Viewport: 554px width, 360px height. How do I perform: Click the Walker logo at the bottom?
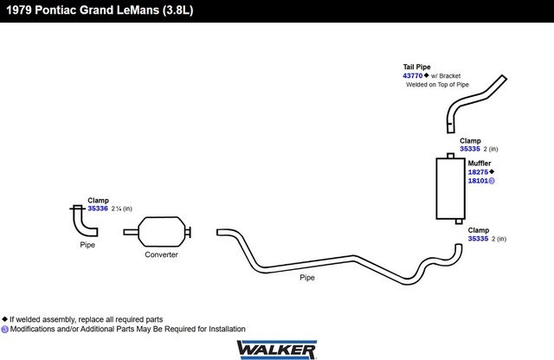tap(277, 350)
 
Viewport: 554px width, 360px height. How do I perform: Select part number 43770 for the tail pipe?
tap(412, 75)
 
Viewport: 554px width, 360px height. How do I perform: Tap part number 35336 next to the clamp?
tap(98, 209)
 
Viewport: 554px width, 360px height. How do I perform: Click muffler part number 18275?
tap(478, 172)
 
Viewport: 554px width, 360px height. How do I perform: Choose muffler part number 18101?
tap(478, 181)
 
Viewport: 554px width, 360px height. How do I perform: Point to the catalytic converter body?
tap(162, 232)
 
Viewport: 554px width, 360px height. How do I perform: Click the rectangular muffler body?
tap(450, 189)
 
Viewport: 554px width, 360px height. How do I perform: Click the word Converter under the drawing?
tap(161, 254)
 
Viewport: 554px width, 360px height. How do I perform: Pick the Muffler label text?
tap(480, 164)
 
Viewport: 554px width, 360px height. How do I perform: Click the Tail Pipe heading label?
tap(417, 67)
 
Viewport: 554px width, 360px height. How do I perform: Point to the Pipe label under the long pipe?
tap(307, 278)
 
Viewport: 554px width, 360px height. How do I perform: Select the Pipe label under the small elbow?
tap(87, 245)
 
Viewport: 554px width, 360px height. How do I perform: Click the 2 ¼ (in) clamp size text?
tap(121, 209)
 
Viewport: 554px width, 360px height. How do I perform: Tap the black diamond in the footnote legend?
tap(4, 319)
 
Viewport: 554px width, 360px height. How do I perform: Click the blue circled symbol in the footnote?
tap(4, 329)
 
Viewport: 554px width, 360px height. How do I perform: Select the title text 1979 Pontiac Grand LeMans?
tap(83, 10)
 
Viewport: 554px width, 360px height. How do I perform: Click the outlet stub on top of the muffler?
tap(450, 156)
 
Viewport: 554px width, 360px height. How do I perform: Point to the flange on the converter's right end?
tap(189, 232)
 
